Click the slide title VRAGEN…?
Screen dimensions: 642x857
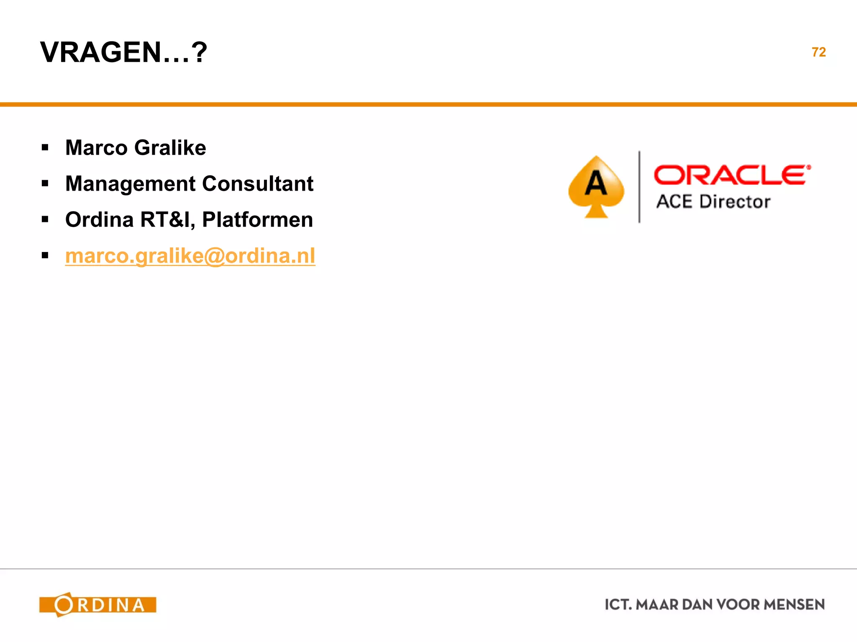tap(123, 52)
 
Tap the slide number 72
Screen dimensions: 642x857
tap(819, 52)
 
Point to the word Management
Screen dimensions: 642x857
tap(130, 184)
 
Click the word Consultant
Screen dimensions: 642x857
tap(258, 183)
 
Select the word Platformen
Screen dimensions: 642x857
tap(257, 220)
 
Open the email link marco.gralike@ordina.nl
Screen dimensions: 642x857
tap(190, 256)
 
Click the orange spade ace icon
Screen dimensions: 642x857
tap(596, 187)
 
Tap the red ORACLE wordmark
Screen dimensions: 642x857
tap(731, 175)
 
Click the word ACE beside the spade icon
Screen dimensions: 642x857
tap(674, 202)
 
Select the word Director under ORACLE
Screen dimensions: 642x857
tap(735, 202)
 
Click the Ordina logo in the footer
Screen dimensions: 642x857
tap(98, 604)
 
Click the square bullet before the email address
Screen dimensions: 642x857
tap(45, 255)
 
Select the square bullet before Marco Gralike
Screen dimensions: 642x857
tap(45, 148)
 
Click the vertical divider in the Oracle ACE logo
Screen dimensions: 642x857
tap(639, 187)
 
